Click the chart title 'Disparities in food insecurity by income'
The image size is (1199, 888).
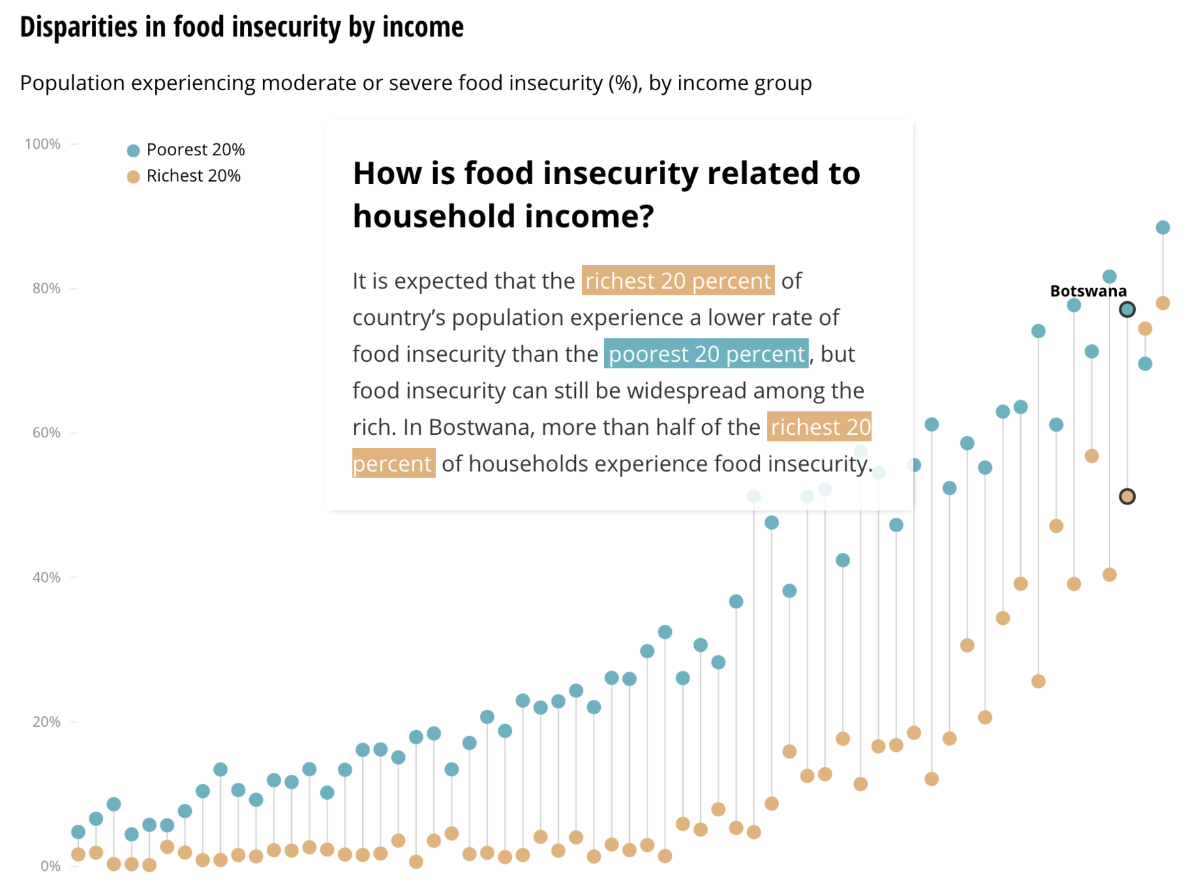click(241, 28)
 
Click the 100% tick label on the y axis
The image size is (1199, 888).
click(43, 144)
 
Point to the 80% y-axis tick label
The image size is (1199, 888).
click(46, 288)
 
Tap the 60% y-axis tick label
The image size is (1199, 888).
click(46, 433)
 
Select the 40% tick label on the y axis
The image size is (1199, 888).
click(46, 578)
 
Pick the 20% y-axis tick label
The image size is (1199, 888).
click(46, 722)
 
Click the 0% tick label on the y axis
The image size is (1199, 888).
click(50, 866)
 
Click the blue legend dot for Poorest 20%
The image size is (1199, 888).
click(133, 151)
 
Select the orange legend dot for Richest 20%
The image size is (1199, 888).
click(133, 177)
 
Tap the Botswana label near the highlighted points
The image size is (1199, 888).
click(1088, 291)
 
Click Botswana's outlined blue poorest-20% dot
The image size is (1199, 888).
click(1127, 309)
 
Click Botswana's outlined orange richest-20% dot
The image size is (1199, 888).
click(1127, 497)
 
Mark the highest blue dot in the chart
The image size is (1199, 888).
click(1163, 228)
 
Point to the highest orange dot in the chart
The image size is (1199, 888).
click(1163, 303)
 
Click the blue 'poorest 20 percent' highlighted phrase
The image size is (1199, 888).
click(707, 354)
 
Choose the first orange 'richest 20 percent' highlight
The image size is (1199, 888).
click(678, 281)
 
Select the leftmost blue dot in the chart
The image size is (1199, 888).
click(78, 832)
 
